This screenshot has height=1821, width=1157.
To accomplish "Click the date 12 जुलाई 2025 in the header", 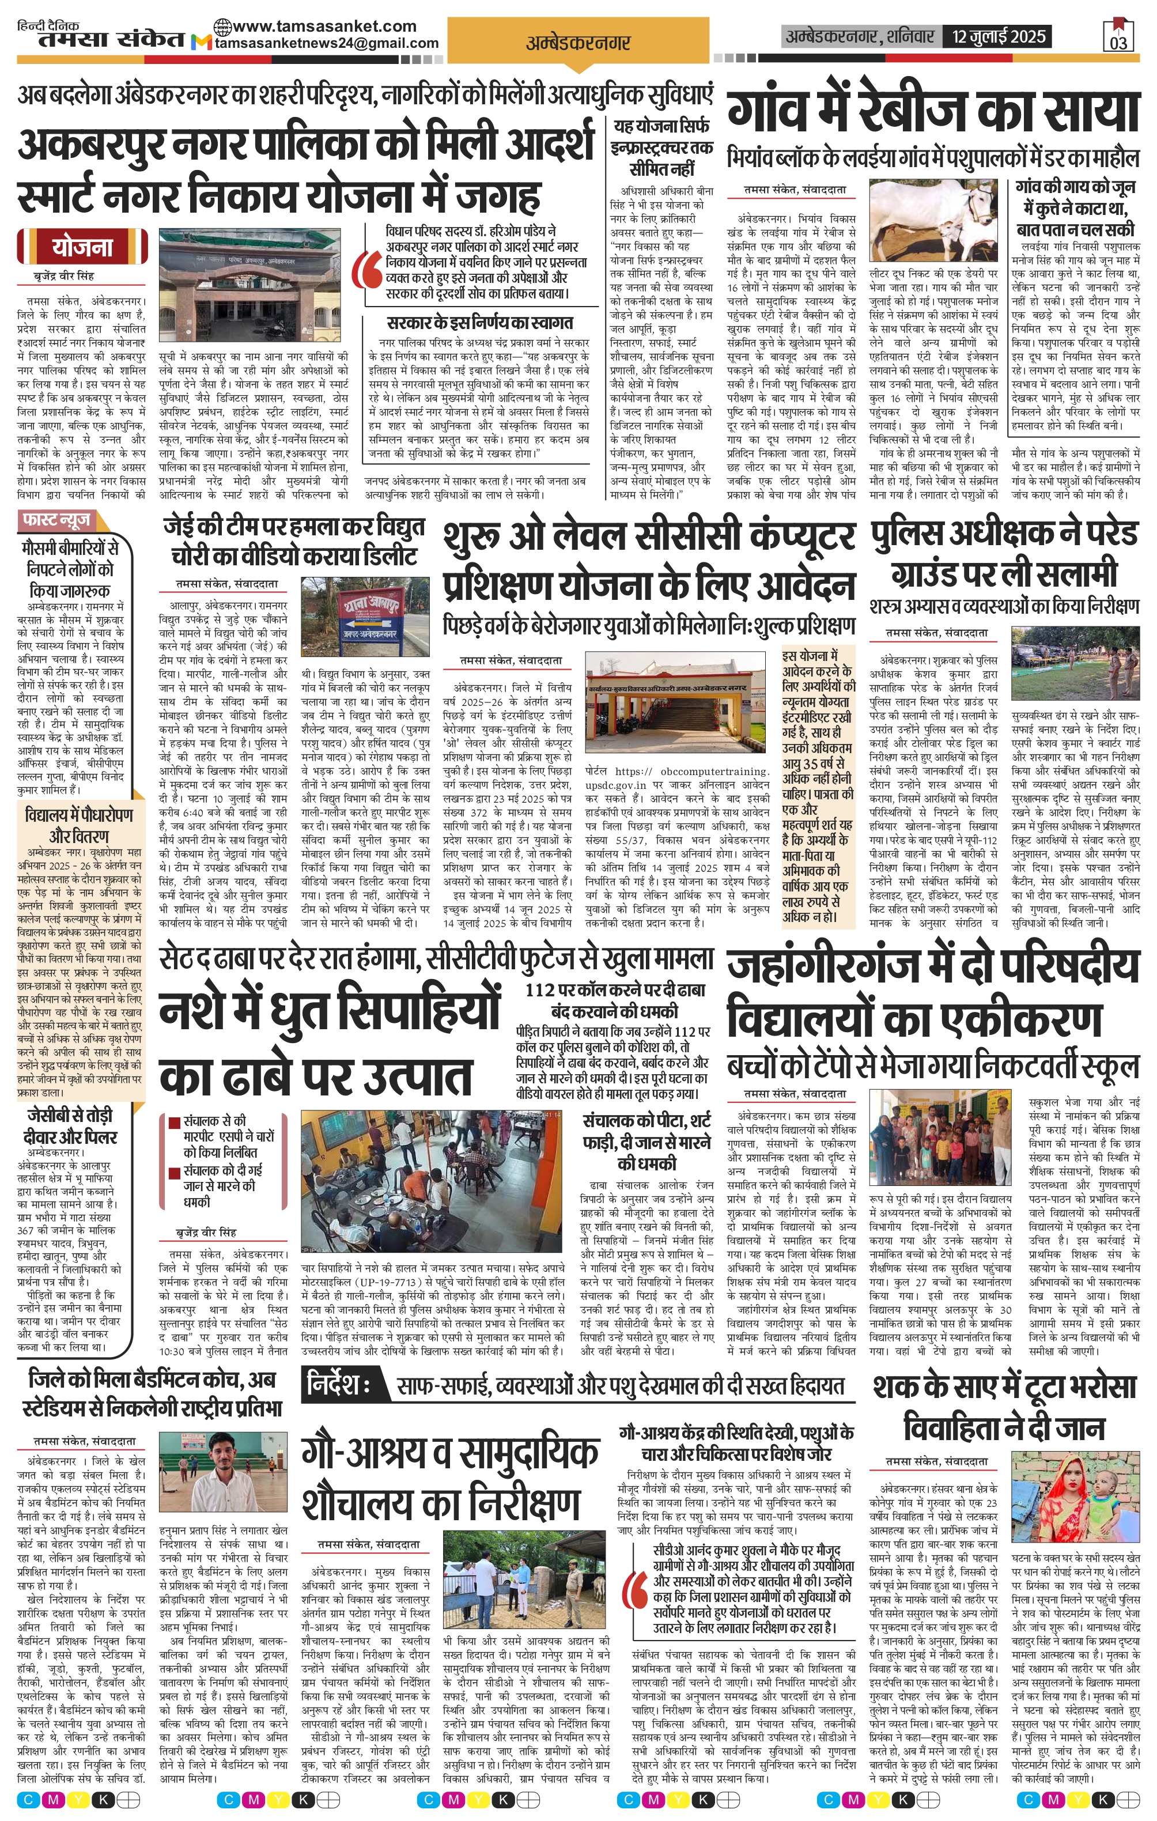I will (x=999, y=36).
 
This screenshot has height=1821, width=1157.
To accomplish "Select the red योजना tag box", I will (x=82, y=247).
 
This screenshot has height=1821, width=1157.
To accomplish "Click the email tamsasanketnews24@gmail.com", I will (x=327, y=43).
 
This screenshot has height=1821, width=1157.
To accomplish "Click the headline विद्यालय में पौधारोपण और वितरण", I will (x=78, y=825).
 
